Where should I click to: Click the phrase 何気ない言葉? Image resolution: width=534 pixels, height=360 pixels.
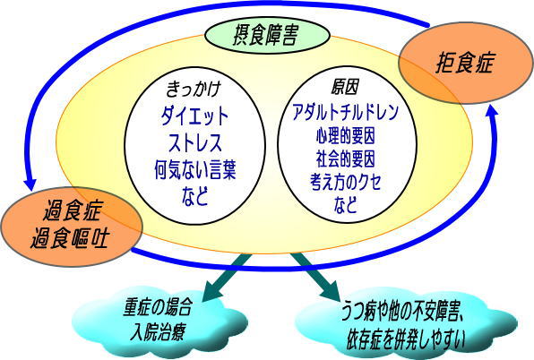coord(194,167)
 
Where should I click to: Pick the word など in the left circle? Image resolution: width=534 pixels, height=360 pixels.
coord(194,193)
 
